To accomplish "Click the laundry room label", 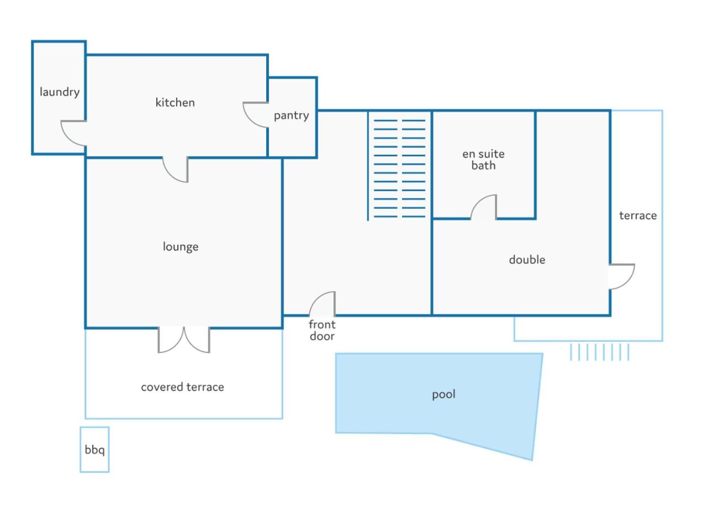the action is pos(60,92).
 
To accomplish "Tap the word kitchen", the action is pos(175,103).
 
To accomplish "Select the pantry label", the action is pos(291,115).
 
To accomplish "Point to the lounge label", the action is pos(181,246).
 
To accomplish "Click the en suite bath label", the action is pos(483,160).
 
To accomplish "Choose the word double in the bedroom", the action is pos(527,260).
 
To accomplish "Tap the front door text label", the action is pos(322,330).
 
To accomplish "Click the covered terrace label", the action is pos(182,387).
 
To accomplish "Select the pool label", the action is pos(443,394).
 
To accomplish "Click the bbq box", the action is pos(94,450).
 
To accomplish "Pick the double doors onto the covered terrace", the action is pos(183,340).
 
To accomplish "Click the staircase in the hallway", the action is pos(399,166).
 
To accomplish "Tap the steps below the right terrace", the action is pos(599,352).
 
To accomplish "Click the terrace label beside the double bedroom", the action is pos(638,215).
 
